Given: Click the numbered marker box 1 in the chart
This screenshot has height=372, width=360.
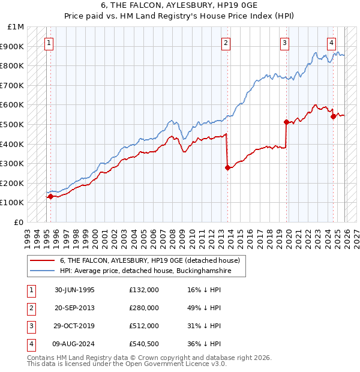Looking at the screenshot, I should pyautogui.click(x=49, y=43).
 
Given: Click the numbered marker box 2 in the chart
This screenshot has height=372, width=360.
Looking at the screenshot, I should pyautogui.click(x=226, y=43).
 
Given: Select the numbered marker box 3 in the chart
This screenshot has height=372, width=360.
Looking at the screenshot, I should pyautogui.click(x=284, y=43).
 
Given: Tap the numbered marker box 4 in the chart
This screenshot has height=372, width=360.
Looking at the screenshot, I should pyautogui.click(x=331, y=43).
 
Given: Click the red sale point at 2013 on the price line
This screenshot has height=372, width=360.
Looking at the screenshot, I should pyautogui.click(x=228, y=168).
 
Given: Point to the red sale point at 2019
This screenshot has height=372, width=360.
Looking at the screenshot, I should pyautogui.click(x=287, y=122).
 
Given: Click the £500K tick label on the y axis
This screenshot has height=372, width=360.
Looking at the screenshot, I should pyautogui.click(x=12, y=124).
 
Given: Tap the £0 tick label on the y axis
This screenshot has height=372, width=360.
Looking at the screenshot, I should pyautogui.click(x=19, y=222).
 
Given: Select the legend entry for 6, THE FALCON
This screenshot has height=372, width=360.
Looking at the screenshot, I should pyautogui.click(x=149, y=260).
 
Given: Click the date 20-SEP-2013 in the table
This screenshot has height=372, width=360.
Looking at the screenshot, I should pyautogui.click(x=74, y=308).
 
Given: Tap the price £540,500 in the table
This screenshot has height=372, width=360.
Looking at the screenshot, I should pyautogui.click(x=143, y=344).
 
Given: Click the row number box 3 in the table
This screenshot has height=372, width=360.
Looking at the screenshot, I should pyautogui.click(x=29, y=326).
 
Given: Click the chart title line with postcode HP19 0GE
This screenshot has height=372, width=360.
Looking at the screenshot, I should pyautogui.click(x=180, y=5).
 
